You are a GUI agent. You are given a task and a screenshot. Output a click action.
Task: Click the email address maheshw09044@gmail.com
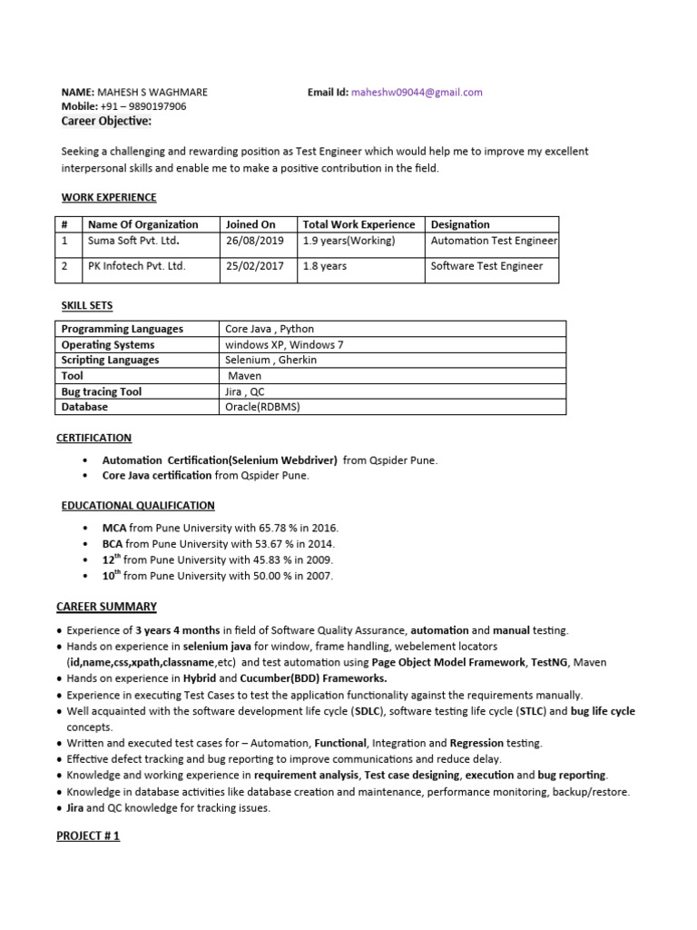click(x=417, y=92)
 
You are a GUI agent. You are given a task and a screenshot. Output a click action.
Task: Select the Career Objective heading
click(x=106, y=122)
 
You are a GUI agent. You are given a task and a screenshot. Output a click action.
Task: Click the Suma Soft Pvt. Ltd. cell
click(x=133, y=242)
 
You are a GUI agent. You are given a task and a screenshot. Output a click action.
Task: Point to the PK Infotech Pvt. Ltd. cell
click(x=135, y=266)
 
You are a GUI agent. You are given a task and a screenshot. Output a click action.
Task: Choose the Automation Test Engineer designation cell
click(x=494, y=242)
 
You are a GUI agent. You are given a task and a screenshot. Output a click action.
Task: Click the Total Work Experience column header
click(x=358, y=224)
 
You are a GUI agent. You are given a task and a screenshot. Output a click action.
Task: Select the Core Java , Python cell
click(x=270, y=329)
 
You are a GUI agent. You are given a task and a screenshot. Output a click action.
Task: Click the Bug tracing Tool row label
click(x=102, y=391)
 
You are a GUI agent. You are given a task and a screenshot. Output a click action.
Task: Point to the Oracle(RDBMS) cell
click(x=262, y=407)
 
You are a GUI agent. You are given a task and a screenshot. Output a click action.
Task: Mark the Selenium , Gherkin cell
click(x=271, y=360)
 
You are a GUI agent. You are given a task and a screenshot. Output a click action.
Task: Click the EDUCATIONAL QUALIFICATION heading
click(x=138, y=505)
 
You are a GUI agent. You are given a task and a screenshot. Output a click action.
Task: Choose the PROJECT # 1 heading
click(x=88, y=836)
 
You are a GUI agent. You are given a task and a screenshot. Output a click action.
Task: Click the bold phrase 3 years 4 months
click(x=178, y=630)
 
